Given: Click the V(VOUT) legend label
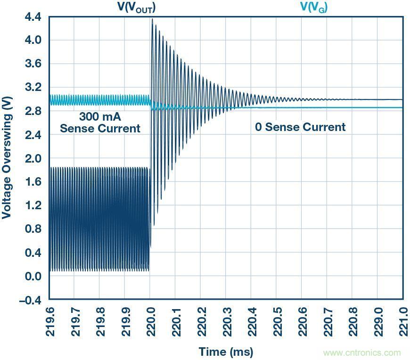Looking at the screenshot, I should tap(136, 8).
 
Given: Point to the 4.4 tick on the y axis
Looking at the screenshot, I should tap(33, 17).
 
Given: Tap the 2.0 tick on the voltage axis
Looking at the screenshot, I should tap(33, 159).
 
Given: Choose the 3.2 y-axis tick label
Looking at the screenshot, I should tap(33, 88).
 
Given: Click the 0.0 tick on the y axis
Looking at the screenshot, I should tap(33, 277).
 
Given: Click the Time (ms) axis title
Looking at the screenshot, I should tap(226, 352).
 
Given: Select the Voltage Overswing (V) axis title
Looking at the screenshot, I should tap(7, 158).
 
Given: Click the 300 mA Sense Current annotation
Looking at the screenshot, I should tap(99, 123).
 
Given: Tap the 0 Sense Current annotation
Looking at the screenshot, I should tap(300, 127).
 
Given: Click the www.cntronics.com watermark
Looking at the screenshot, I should tap(362, 352).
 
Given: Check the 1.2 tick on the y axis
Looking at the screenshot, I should tap(33, 205).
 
